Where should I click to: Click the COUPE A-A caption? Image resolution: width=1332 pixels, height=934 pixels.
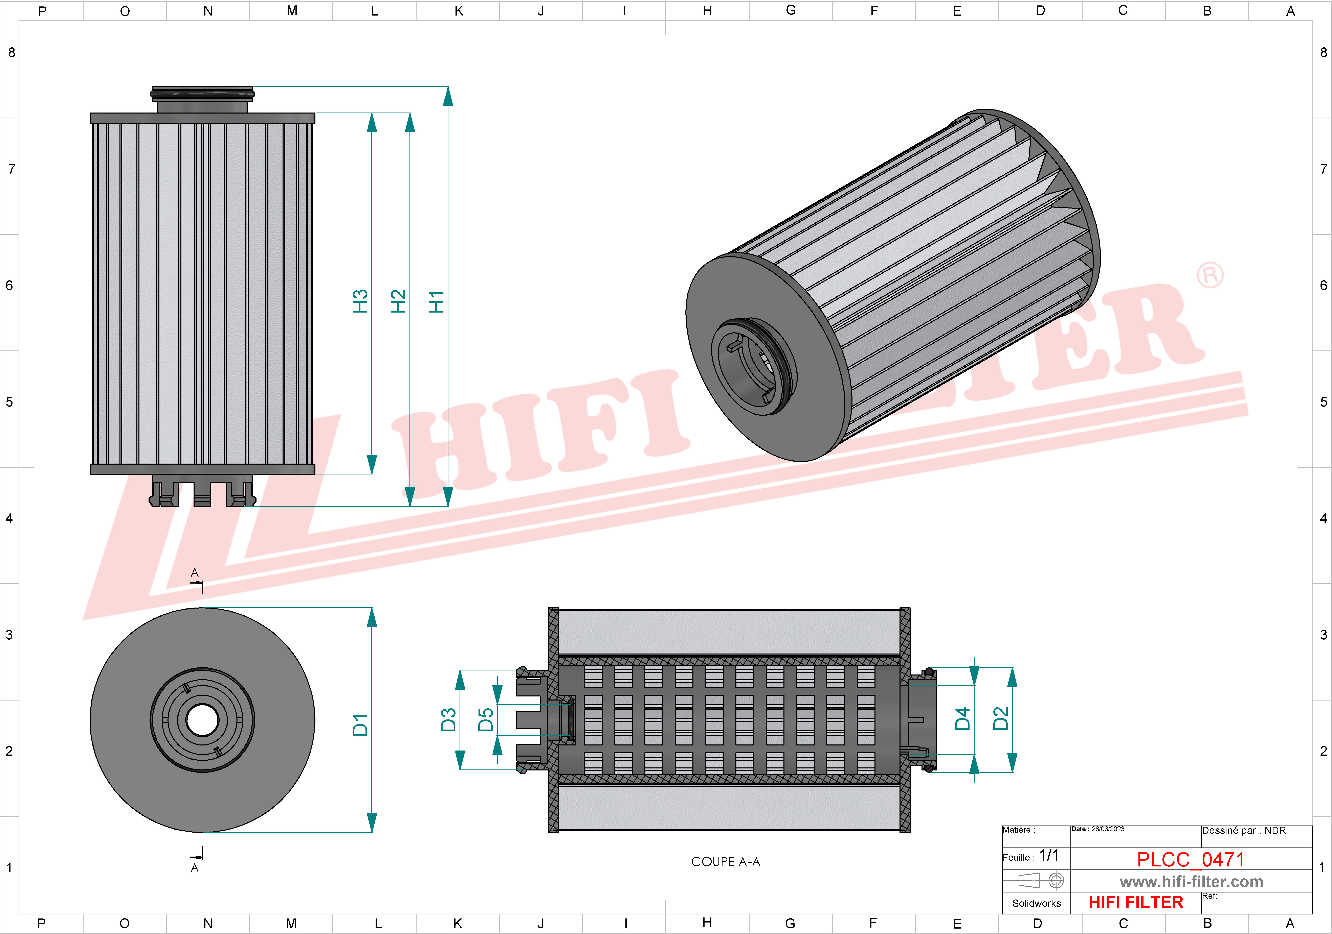pyautogui.click(x=725, y=862)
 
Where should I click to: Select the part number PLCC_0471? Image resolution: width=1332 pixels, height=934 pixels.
pyautogui.click(x=1191, y=859)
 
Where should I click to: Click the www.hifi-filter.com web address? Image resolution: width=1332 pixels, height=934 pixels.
pyautogui.click(x=1191, y=882)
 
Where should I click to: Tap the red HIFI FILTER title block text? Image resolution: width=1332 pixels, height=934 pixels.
pyautogui.click(x=1135, y=902)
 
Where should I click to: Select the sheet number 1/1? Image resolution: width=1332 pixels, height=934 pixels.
pyautogui.click(x=1048, y=856)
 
